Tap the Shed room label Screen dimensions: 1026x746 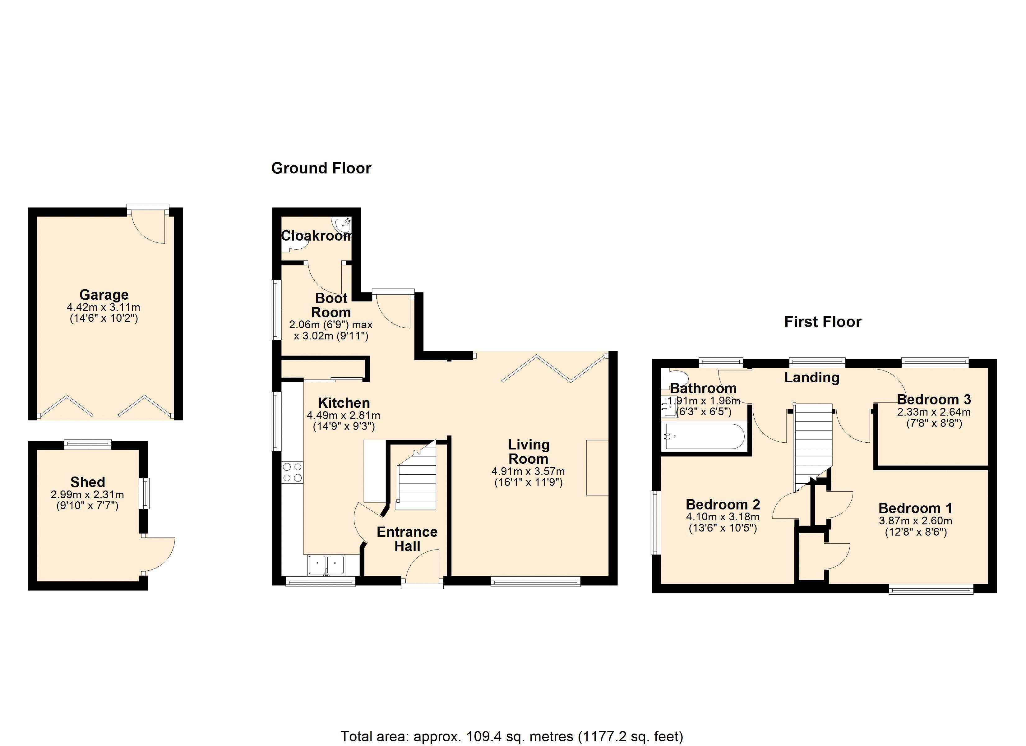tap(87, 482)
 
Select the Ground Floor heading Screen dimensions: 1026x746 tap(321, 168)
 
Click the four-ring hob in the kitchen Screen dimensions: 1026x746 tap(292, 472)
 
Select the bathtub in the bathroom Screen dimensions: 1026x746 tap(704, 436)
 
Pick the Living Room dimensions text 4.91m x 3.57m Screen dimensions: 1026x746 tap(528, 472)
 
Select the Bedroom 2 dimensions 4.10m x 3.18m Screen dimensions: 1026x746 tap(723, 517)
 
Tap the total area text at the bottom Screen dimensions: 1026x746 tap(512, 736)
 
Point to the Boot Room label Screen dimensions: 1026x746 tap(331, 305)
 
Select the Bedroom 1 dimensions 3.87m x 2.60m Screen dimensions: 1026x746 tap(915, 521)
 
